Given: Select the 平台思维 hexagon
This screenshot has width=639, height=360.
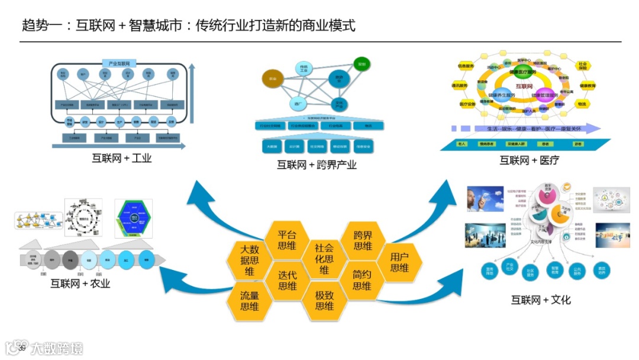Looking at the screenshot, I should [x=287, y=239].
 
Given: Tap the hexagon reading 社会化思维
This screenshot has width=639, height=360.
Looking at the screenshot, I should [x=324, y=259].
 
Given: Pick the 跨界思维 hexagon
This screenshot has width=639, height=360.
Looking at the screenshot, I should [x=362, y=239].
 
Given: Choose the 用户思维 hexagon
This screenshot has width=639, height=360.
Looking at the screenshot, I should [x=399, y=261].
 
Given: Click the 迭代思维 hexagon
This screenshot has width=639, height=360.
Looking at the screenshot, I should [x=287, y=280].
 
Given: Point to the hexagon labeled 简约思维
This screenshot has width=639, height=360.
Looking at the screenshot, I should [x=362, y=280].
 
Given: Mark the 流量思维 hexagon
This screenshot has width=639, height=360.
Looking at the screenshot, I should [x=249, y=300].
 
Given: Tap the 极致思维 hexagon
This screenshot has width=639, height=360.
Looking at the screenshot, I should [x=324, y=300].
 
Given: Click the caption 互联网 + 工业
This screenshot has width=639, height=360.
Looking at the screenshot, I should [x=122, y=158].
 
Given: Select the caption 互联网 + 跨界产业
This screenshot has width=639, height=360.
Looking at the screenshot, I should [x=317, y=165].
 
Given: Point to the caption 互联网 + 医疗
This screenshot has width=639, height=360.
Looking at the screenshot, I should [x=529, y=160].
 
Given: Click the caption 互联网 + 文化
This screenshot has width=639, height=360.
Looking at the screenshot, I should [x=541, y=300].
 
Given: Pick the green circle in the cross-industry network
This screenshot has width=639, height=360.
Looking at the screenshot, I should [x=361, y=64].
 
